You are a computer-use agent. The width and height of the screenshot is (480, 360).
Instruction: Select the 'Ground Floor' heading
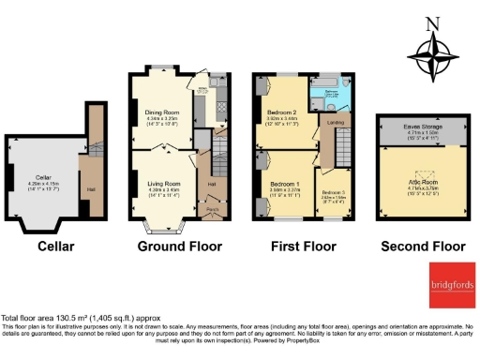tap(179, 247)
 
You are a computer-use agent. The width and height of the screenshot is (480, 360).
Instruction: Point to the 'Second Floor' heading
tap(422, 247)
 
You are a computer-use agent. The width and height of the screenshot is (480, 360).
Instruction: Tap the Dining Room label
tap(164, 111)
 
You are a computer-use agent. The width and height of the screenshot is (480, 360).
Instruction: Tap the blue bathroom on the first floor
tap(332, 95)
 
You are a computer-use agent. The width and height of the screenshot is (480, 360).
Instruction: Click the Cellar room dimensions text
tap(43, 185)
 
